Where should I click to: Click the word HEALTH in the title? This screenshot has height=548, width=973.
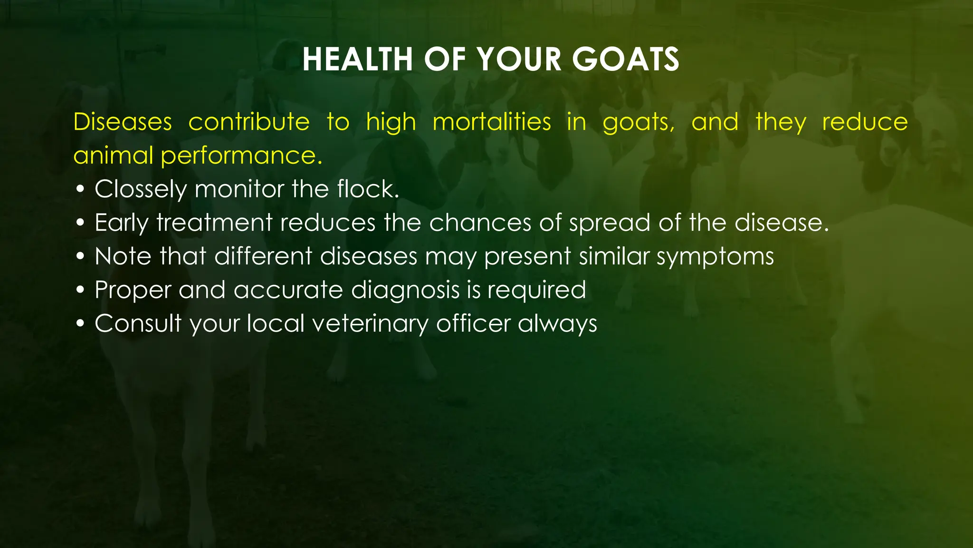(x=357, y=60)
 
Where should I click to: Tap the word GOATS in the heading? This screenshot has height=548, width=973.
(x=626, y=60)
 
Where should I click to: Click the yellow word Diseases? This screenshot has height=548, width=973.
(x=123, y=122)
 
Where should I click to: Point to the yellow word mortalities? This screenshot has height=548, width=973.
(x=492, y=122)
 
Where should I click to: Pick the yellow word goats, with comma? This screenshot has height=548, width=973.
(x=639, y=123)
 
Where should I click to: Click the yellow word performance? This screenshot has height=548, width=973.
(x=241, y=156)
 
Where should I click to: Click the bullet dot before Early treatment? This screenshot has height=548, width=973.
(x=80, y=223)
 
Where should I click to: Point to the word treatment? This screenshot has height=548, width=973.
(x=214, y=223)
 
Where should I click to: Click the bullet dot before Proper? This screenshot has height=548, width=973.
(x=80, y=290)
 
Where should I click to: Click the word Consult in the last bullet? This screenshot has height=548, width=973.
(x=138, y=323)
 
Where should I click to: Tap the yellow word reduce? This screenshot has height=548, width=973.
(x=865, y=122)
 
